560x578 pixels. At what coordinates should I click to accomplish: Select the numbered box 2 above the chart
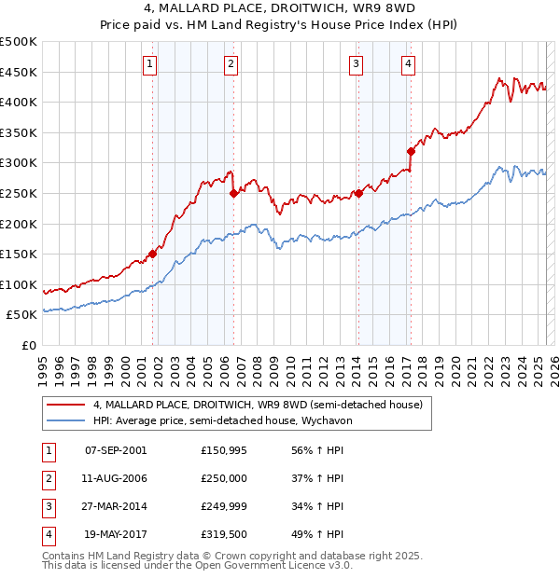(231, 64)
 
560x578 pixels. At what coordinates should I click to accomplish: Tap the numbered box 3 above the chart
(357, 64)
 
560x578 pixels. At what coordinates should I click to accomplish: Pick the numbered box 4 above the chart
(409, 64)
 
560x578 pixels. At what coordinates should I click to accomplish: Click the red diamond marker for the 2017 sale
(411, 151)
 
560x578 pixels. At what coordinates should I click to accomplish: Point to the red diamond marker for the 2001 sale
(152, 254)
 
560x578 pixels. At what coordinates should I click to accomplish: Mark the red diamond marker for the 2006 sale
(233, 194)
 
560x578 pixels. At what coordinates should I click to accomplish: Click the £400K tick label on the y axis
(19, 102)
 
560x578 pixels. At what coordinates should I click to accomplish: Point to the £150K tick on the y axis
(19, 254)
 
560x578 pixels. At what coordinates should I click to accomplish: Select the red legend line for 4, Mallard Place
(64, 405)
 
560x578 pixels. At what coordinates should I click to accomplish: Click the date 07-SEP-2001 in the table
(116, 450)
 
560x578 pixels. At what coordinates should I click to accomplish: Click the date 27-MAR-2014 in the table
(116, 507)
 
